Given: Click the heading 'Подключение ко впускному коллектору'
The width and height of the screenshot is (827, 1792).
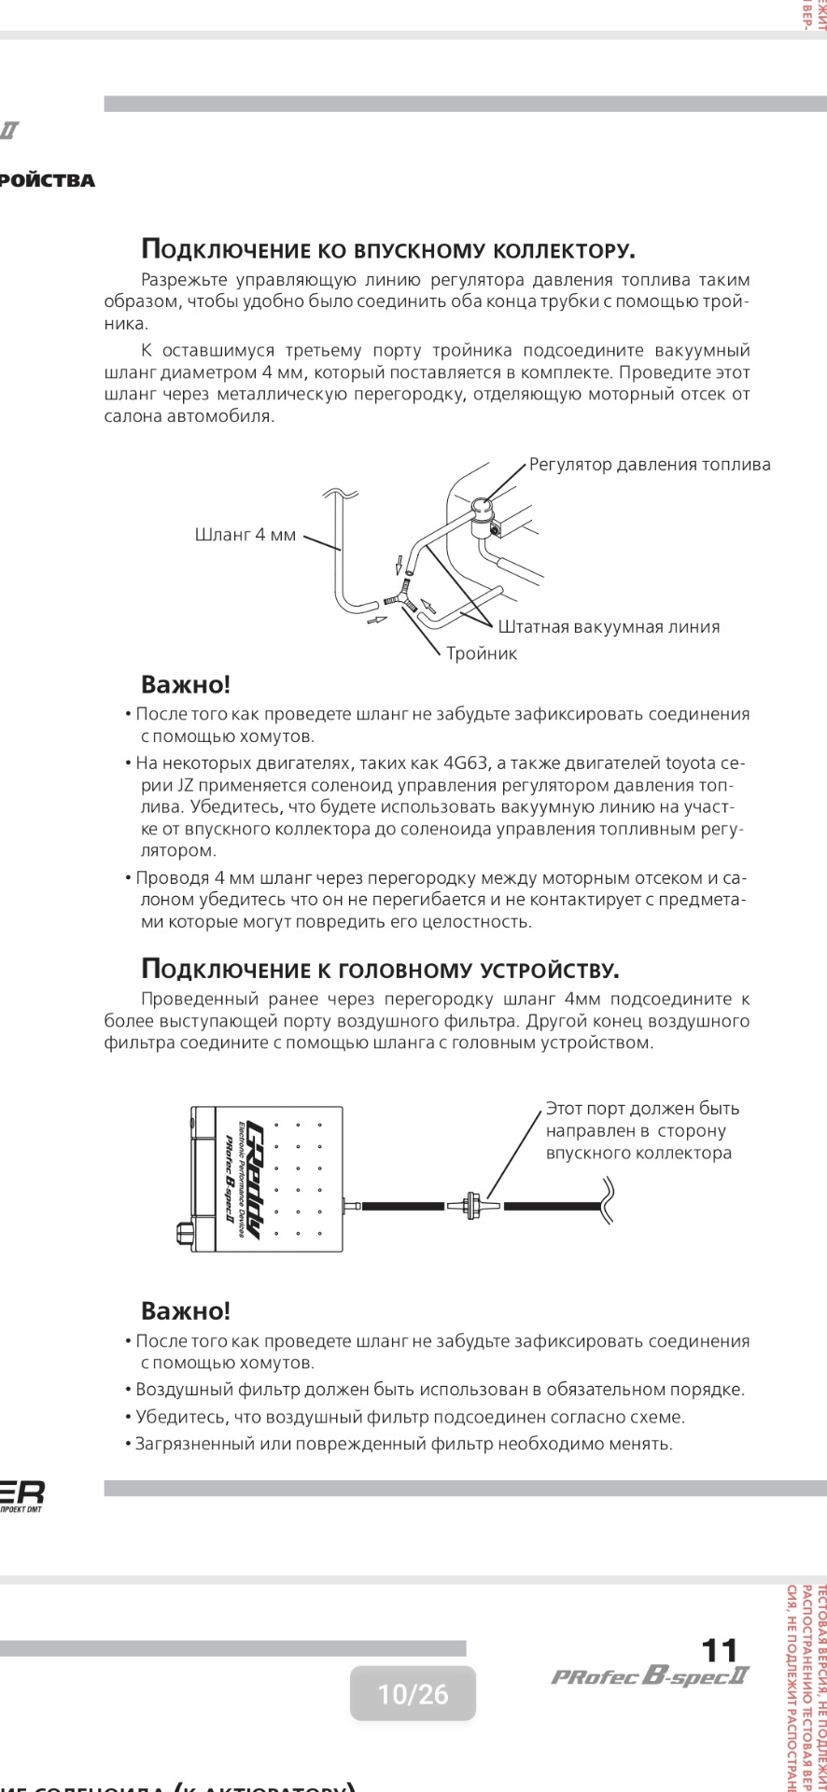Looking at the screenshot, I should click(387, 250).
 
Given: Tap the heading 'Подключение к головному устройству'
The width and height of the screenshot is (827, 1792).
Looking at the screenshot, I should click(380, 969).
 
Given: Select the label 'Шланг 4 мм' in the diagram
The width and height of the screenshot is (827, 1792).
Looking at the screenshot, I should click(245, 535).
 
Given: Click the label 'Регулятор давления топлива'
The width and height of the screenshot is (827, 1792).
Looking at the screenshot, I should click(650, 465).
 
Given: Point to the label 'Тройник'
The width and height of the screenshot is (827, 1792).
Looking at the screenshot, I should click(481, 653).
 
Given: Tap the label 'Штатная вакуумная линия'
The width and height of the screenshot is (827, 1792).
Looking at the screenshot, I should click(609, 626).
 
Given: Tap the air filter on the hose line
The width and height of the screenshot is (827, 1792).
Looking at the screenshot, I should click(473, 1205).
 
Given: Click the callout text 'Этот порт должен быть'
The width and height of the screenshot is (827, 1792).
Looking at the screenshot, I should click(642, 1109).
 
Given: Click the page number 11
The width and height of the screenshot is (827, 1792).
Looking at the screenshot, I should click(719, 1650).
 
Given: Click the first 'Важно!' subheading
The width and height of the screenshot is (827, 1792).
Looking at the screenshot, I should click(185, 684).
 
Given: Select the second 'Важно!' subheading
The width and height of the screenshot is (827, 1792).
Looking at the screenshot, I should click(185, 1310).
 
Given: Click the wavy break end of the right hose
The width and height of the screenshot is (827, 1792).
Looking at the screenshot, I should click(608, 1200).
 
